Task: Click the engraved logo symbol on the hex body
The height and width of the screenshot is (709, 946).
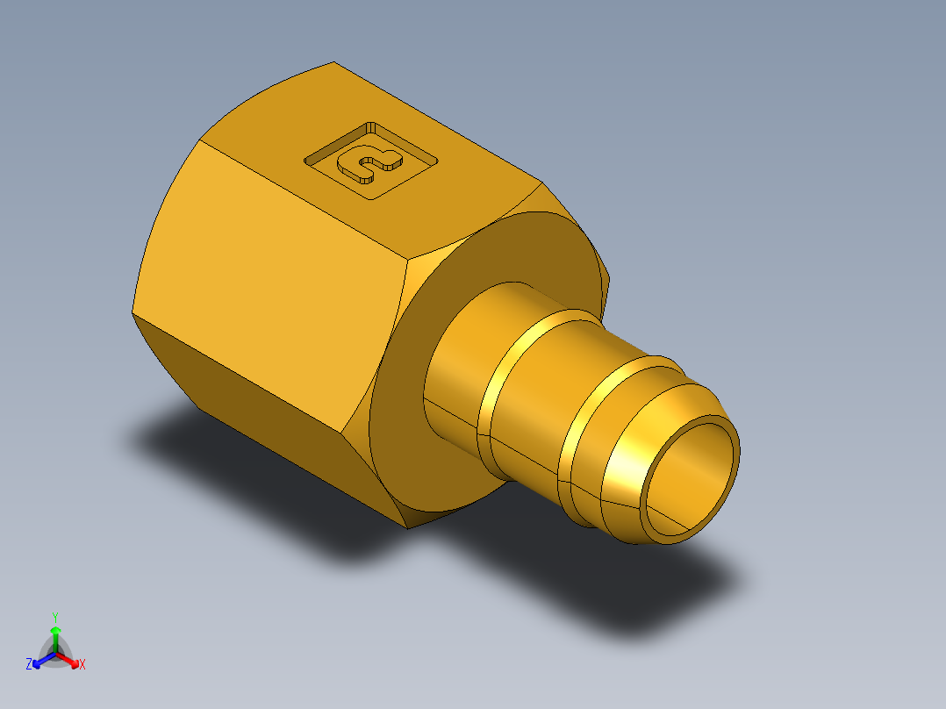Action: [x=369, y=163]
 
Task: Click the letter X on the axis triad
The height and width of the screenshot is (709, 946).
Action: [x=82, y=665]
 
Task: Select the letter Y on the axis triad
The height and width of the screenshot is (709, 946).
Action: [x=54, y=616]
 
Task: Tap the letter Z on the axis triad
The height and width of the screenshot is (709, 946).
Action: [x=29, y=665]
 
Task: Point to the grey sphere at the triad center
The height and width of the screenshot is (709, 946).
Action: [x=55, y=654]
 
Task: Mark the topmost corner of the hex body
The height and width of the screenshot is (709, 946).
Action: [x=334, y=62]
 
